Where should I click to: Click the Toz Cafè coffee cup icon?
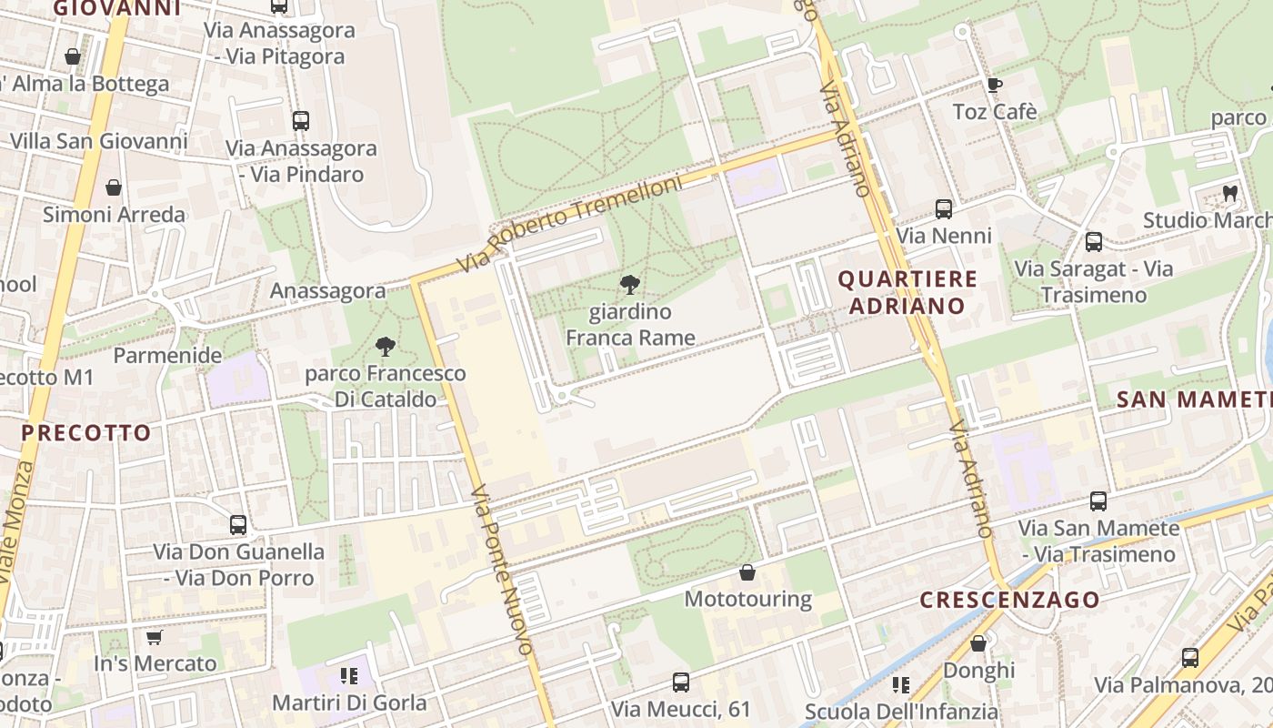tap(994, 86)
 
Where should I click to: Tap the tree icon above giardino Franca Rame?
tap(628, 285)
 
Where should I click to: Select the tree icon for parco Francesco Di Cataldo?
tap(386, 347)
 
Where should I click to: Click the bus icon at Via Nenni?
tap(944, 209)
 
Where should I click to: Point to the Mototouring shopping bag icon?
tap(747, 572)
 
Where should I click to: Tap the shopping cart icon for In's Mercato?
tap(154, 637)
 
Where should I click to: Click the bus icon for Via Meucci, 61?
tap(680, 682)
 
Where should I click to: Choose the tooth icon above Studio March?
tap(1230, 193)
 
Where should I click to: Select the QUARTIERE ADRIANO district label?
tap(907, 292)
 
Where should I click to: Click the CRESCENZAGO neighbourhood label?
tap(1009, 600)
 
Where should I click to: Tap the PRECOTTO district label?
tap(85, 433)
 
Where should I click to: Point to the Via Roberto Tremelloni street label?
tap(569, 224)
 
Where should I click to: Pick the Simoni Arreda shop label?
tap(115, 215)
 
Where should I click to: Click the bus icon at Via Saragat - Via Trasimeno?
tap(1093, 242)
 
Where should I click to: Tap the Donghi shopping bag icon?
tap(978, 643)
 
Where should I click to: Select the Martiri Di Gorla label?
tap(350, 703)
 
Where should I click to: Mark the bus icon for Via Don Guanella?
tap(238, 525)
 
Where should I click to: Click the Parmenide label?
tap(167, 355)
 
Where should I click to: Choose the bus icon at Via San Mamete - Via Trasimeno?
tap(1098, 501)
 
